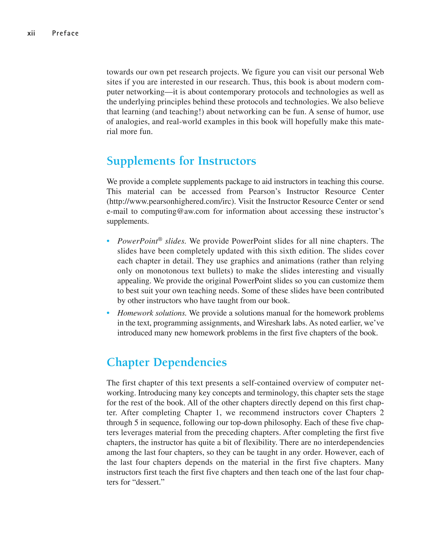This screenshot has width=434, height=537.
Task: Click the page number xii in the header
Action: pyautogui.click(x=31, y=33)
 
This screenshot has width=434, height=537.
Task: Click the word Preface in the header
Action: pyautogui.click(x=65, y=33)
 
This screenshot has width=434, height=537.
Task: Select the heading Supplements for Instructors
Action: pyautogui.click(x=181, y=161)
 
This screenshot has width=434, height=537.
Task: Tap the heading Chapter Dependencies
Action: pyautogui.click(x=167, y=362)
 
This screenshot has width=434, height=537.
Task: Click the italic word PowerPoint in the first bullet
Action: pyautogui.click(x=138, y=241)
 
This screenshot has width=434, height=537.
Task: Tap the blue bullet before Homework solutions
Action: pyautogui.click(x=108, y=313)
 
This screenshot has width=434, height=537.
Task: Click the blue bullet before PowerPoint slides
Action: pyautogui.click(x=108, y=241)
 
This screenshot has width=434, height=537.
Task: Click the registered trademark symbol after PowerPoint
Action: pyautogui.click(x=160, y=239)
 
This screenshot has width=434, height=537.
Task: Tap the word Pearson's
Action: pyautogui.click(x=264, y=191)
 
